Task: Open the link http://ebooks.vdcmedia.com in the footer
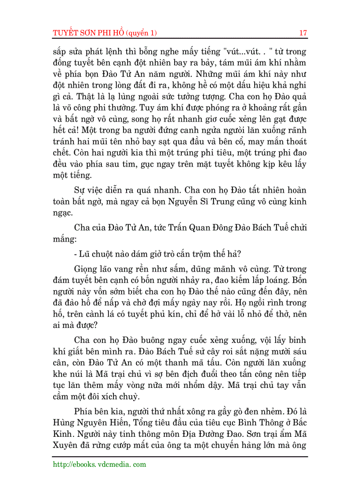pyautogui.click(x=99, y=464)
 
